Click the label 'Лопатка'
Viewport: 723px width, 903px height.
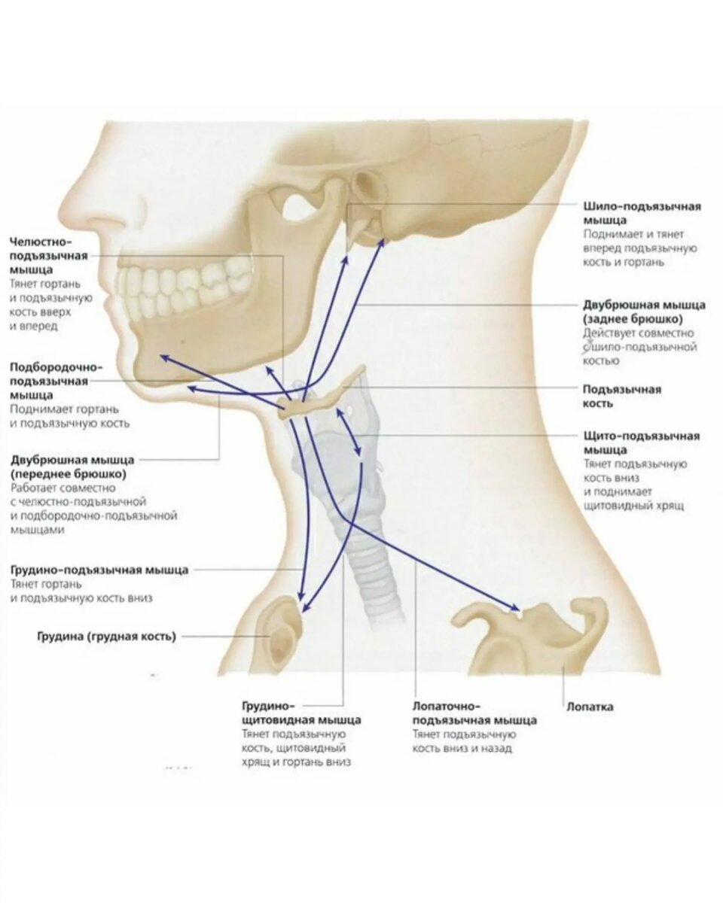point(590,707)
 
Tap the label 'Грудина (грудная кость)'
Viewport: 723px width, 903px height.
point(106,637)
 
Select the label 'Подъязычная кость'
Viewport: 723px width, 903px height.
point(622,397)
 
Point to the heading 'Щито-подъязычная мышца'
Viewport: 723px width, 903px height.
point(641,442)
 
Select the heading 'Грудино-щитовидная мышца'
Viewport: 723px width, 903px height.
point(300,713)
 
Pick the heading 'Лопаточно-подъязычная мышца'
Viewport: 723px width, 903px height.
point(474,713)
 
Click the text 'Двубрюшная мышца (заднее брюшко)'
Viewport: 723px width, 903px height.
point(644,312)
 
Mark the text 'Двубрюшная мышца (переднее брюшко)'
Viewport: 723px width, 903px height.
point(72,467)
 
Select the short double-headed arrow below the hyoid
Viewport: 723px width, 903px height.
point(349,434)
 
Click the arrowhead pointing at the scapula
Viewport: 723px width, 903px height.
point(514,607)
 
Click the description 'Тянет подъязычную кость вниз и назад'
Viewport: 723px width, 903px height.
point(464,741)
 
